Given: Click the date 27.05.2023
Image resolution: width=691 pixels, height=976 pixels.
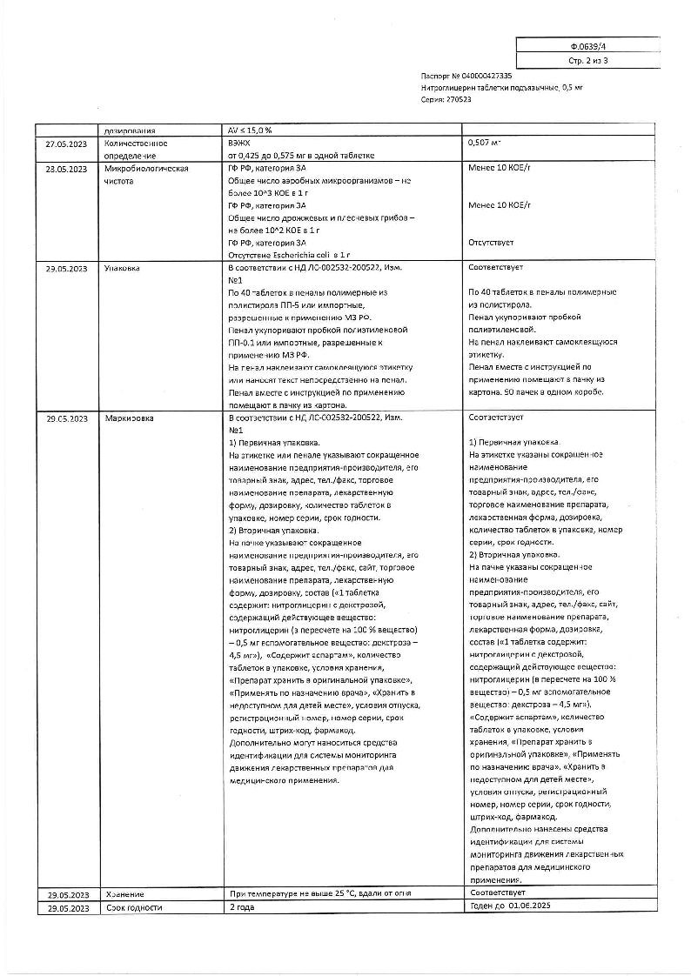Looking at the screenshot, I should point(67,143).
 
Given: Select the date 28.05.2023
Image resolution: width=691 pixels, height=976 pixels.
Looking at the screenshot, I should point(67,169).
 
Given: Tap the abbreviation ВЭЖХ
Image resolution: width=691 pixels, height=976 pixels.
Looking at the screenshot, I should point(238,143).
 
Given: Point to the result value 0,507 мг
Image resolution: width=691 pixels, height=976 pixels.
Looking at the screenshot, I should point(485,143).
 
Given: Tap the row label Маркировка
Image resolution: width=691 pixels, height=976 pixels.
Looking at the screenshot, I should point(128,418).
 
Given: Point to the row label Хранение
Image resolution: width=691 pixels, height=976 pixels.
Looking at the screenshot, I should point(124,894).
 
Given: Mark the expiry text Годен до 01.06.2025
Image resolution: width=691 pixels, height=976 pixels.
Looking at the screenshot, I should point(510,907).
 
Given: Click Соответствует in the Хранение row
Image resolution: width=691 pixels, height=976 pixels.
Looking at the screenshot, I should point(497,893).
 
